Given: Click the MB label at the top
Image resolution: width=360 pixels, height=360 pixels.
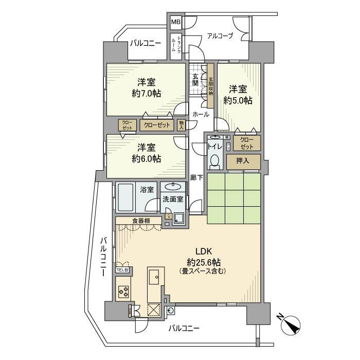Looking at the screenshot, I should (x=175, y=22).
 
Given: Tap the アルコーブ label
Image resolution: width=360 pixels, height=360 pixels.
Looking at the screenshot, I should (x=220, y=36).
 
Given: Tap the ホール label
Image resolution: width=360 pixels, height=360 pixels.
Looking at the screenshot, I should (x=200, y=115).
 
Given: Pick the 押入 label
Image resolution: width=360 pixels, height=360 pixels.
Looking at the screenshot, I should (x=243, y=161).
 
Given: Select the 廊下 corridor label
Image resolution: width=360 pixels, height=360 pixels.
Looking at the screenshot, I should (x=196, y=177).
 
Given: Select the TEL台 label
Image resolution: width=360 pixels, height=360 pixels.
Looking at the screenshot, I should (x=123, y=270).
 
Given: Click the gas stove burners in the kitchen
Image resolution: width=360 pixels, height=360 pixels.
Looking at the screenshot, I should (x=124, y=292).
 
